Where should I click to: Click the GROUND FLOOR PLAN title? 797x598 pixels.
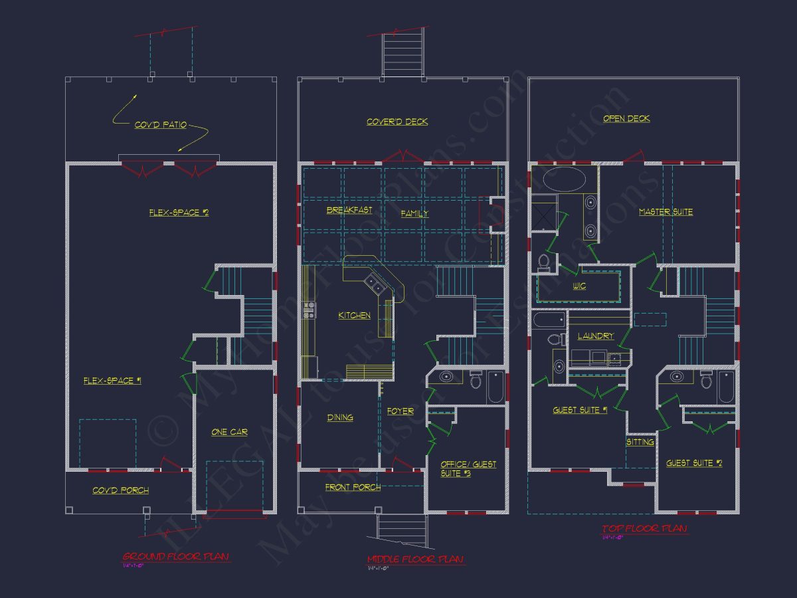pyautogui.click(x=176, y=557)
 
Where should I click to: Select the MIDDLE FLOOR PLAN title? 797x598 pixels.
pyautogui.click(x=415, y=559)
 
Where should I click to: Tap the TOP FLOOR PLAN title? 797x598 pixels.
pyautogui.click(x=644, y=529)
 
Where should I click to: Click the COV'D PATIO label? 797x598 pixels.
pyautogui.click(x=161, y=125)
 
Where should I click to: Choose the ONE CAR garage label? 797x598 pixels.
pyautogui.click(x=229, y=432)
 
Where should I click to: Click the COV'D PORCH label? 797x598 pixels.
pyautogui.click(x=120, y=490)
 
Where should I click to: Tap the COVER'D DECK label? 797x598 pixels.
pyautogui.click(x=397, y=122)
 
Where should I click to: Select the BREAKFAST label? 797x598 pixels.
pyautogui.click(x=349, y=210)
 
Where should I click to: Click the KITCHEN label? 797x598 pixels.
pyautogui.click(x=355, y=315)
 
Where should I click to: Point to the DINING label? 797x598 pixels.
pyautogui.click(x=340, y=417)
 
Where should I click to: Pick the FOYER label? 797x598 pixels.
pyautogui.click(x=400, y=411)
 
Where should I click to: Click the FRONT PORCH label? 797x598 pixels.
pyautogui.click(x=353, y=487)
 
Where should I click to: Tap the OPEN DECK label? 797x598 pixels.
pyautogui.click(x=626, y=118)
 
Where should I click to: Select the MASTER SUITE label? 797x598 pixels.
pyautogui.click(x=665, y=212)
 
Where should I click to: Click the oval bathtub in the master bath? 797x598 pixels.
pyautogui.click(x=565, y=179)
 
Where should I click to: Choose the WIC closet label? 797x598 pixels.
pyautogui.click(x=579, y=286)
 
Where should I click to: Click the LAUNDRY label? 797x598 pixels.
pyautogui.click(x=595, y=336)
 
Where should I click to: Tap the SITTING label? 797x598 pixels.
pyautogui.click(x=640, y=442)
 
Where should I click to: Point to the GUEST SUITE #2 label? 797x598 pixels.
pyautogui.click(x=694, y=463)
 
